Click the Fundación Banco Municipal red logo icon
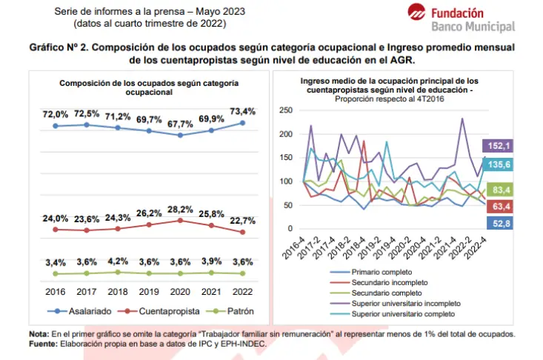click(x=416, y=12)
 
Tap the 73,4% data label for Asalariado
click(x=242, y=111)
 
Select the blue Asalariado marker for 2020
click(x=180, y=136)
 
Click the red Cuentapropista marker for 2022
click(x=243, y=233)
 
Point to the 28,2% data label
click(x=180, y=210)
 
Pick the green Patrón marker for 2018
click(x=118, y=273)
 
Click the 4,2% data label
click(x=118, y=261)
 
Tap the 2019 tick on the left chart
click(x=149, y=292)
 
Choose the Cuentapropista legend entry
click(x=159, y=311)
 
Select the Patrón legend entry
click(x=230, y=311)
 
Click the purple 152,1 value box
click(x=498, y=146)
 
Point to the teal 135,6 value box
click(x=498, y=164)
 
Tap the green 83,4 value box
click(x=500, y=190)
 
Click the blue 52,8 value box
click(x=500, y=223)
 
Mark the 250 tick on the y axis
click(x=286, y=110)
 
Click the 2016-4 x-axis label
click(x=293, y=248)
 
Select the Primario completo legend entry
click(x=371, y=272)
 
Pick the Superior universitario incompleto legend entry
click(x=396, y=304)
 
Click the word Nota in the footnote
click(x=39, y=334)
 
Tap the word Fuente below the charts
click(x=43, y=344)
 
